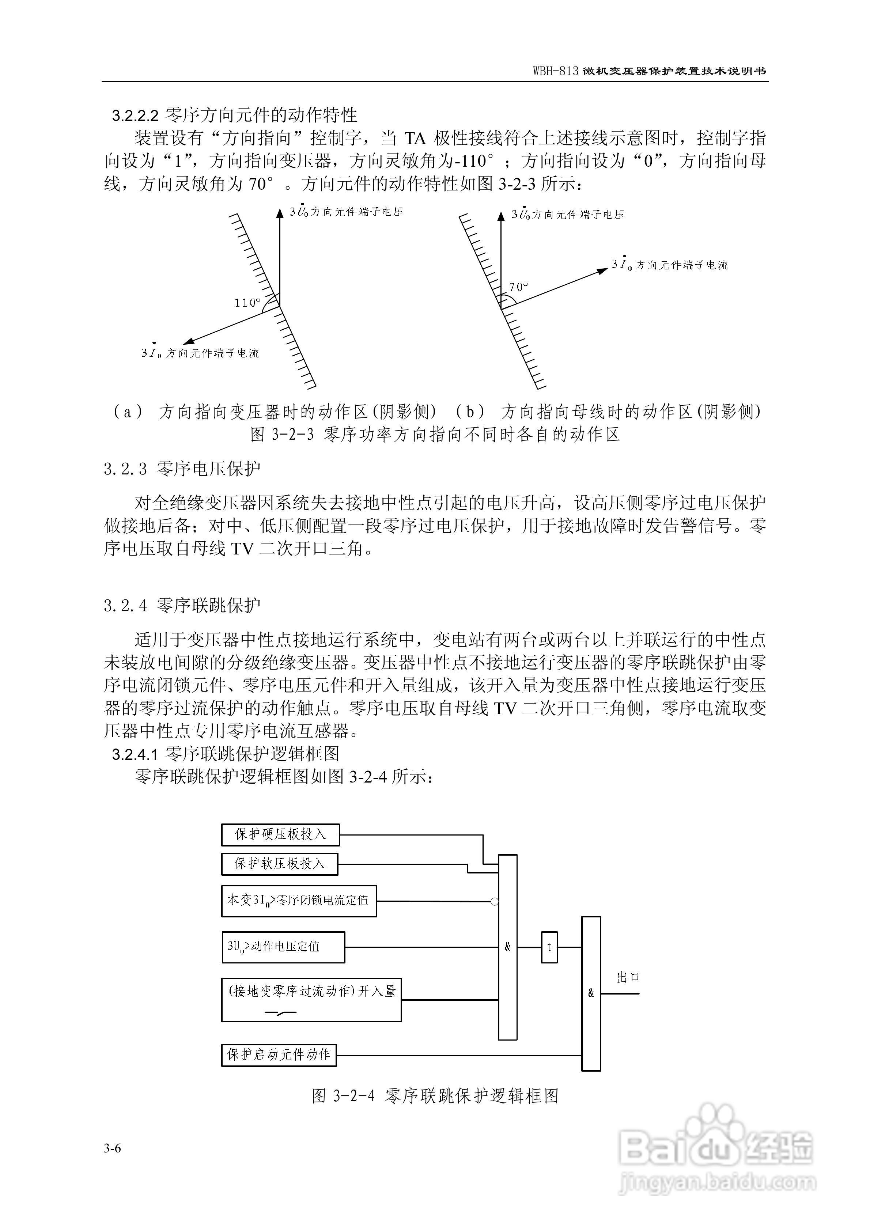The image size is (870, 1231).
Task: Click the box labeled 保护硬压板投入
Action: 280,835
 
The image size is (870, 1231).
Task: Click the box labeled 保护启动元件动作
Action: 279,1054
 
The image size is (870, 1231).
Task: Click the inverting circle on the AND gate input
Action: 495,901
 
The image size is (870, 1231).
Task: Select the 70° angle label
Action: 518,287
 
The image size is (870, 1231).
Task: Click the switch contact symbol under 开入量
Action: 281,1013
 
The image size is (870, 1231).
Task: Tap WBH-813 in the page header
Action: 555,71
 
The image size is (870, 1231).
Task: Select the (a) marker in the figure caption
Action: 128,412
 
